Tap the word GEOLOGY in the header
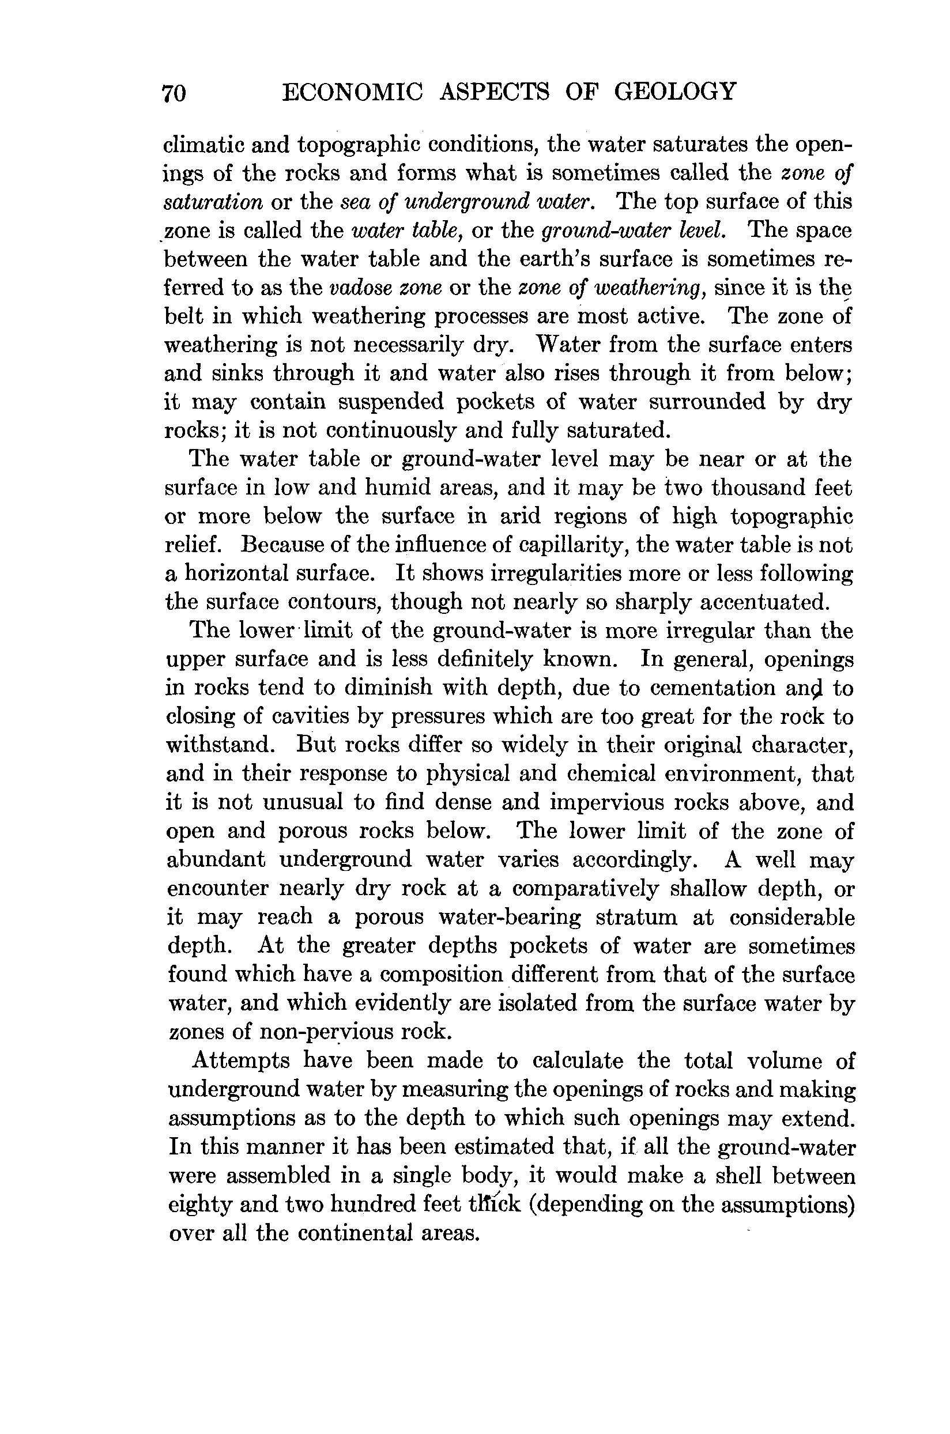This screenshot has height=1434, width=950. coord(676,92)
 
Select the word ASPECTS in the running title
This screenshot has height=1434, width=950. coord(495,92)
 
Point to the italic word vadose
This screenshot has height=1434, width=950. coord(359,287)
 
